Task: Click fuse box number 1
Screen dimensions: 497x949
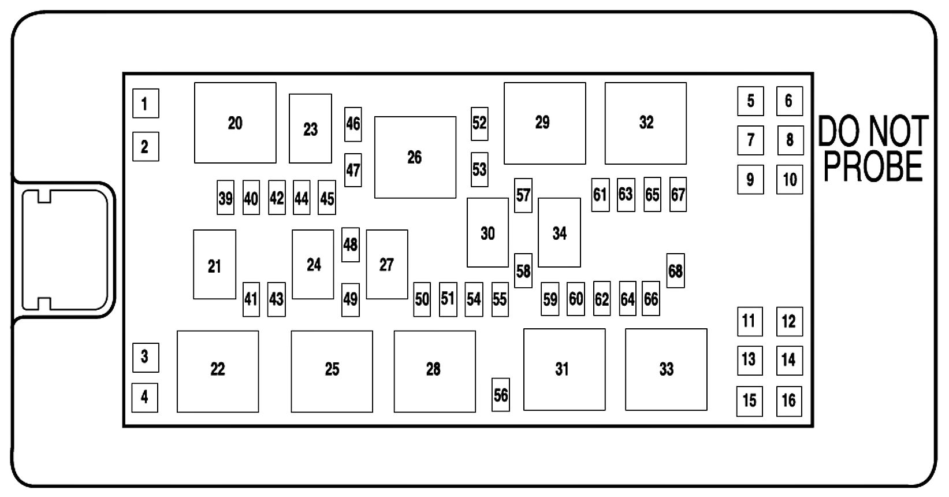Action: point(145,103)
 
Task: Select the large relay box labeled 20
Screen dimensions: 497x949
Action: point(235,123)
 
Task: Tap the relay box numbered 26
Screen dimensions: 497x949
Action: point(415,157)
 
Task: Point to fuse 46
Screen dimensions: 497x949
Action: point(353,124)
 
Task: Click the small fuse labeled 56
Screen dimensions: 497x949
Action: point(501,395)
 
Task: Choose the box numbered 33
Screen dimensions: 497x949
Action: point(666,369)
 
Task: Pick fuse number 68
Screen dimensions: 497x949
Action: point(675,270)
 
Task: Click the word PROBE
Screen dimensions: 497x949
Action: point(873,167)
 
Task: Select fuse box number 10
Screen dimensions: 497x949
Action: point(790,179)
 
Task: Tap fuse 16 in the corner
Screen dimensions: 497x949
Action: point(789,400)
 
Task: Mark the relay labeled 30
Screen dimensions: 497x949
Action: point(487,233)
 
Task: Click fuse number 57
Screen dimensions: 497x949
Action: point(523,195)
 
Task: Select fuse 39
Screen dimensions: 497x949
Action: point(225,198)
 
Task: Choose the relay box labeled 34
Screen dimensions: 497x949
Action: point(559,233)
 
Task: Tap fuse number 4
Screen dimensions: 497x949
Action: point(144,397)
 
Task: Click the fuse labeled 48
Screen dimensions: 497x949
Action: point(351,244)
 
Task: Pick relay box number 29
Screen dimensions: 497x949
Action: point(544,123)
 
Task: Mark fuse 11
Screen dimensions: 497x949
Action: point(749,321)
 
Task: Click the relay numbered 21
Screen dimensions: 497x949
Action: point(214,265)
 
